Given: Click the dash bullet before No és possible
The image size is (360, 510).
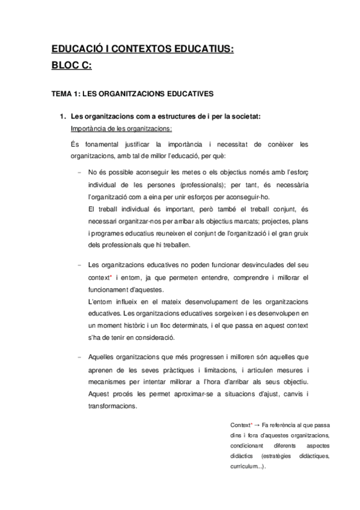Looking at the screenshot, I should pyautogui.click(x=79, y=171).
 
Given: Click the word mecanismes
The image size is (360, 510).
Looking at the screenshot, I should pyautogui.click(x=108, y=381).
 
